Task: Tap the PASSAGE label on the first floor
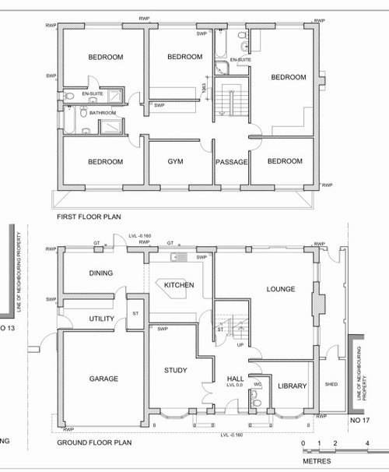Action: click(x=232, y=162)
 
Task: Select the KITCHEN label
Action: click(x=178, y=286)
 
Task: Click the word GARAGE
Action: click(x=103, y=379)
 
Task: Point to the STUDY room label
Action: click(x=175, y=370)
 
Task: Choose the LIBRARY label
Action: click(x=293, y=386)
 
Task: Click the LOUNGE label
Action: click(x=280, y=290)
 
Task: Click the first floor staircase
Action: click(x=232, y=101)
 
